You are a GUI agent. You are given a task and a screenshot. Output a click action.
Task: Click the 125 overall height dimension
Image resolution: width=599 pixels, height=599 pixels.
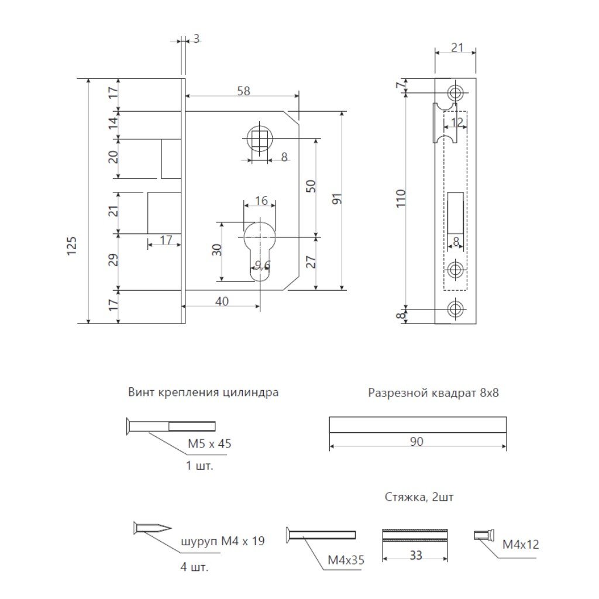72,246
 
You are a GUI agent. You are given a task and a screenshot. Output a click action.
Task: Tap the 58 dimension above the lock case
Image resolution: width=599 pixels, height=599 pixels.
243,91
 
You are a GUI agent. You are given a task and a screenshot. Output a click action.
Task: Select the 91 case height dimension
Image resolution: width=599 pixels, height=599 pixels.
337,199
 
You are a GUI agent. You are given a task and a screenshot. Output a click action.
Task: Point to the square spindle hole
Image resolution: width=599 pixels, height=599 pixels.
259,138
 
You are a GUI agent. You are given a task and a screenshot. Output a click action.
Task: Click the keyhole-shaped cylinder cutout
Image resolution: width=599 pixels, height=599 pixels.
259,252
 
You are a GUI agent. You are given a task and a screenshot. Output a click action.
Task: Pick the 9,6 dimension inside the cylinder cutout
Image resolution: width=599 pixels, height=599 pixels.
263,265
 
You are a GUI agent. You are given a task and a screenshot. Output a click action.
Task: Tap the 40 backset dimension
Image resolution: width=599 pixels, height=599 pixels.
222,301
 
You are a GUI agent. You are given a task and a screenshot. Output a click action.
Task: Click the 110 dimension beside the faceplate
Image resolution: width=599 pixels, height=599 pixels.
400,198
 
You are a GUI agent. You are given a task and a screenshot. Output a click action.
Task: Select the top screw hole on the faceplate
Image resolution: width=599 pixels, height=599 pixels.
455,92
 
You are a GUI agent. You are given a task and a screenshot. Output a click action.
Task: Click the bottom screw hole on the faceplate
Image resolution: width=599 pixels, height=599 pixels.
455,309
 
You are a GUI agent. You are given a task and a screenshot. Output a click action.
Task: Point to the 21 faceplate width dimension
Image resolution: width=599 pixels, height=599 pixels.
457,47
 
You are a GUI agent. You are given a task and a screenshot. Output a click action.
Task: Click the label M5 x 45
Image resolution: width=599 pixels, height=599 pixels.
209,443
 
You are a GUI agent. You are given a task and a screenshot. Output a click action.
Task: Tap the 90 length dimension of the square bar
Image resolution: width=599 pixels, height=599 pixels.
416,441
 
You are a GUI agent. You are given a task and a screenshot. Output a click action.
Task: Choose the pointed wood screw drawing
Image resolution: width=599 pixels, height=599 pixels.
153,528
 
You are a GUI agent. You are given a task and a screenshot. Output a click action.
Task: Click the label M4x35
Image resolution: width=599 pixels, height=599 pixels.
346,560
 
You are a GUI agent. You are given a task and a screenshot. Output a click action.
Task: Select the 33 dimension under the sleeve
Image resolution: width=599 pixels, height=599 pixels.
416,555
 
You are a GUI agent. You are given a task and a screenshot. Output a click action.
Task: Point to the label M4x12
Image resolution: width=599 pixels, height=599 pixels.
521,545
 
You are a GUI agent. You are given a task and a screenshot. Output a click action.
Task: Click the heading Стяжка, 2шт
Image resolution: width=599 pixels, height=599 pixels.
419,497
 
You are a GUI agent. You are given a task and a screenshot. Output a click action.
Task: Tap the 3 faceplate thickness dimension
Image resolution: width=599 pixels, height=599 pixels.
197,39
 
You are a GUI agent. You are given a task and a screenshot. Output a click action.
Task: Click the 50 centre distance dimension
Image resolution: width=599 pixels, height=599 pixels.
311,186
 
